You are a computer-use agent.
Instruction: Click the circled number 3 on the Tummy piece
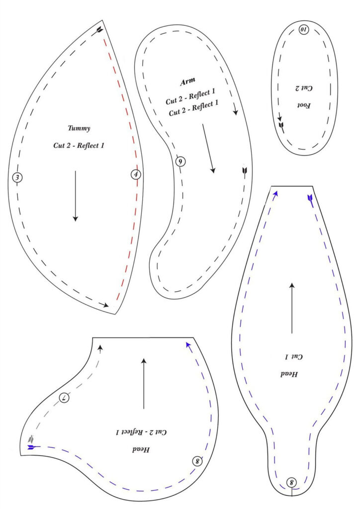click(17, 177)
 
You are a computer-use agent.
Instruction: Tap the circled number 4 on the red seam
click(136, 174)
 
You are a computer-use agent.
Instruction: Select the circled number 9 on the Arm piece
click(180, 161)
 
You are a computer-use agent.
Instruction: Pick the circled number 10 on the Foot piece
click(304, 30)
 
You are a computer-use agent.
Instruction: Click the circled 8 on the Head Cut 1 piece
click(291, 482)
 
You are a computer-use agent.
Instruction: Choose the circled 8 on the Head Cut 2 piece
click(197, 461)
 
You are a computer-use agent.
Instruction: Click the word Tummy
click(79, 128)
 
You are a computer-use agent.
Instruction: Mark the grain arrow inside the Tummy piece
click(76, 196)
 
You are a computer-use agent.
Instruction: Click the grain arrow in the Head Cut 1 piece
click(292, 308)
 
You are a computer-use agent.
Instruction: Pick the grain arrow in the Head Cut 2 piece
click(144, 383)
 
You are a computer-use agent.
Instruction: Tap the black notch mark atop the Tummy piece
click(100, 29)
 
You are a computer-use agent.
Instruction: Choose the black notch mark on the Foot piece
click(282, 127)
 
